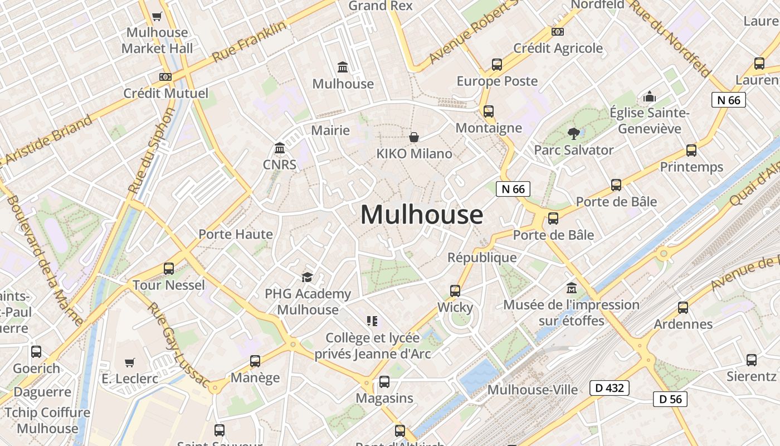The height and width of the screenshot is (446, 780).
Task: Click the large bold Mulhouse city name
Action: point(422,215)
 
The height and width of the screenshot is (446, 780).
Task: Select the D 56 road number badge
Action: point(670,399)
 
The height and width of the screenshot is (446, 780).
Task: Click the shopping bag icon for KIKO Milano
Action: point(414,137)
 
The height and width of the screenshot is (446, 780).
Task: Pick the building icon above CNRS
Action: point(280,148)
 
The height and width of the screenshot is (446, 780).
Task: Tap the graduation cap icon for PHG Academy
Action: point(307,277)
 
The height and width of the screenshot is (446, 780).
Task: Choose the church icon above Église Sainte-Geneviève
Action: point(650,97)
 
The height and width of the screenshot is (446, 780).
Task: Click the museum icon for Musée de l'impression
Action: point(571,288)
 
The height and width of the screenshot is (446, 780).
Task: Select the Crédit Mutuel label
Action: point(165,93)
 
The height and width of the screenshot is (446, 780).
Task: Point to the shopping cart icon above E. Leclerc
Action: point(130,362)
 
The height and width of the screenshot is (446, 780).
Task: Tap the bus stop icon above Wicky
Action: point(455,290)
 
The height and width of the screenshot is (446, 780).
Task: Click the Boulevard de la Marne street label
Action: point(45,261)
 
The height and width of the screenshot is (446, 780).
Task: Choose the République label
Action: point(482,258)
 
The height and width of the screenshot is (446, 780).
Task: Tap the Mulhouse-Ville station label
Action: point(532,389)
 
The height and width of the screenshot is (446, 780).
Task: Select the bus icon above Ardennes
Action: point(683,307)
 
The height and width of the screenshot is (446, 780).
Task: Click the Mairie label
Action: point(330,130)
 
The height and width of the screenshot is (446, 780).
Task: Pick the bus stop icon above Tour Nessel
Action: point(169,269)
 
